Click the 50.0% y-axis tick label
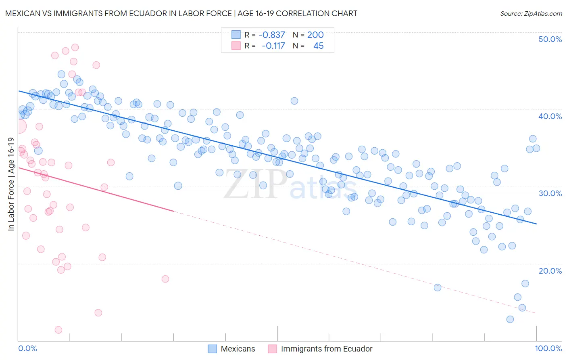[x=550, y=39]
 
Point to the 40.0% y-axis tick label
[x=550, y=116]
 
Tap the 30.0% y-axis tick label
[x=550, y=193]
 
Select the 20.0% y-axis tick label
[x=550, y=271]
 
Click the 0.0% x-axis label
[x=27, y=348]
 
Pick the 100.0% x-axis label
[x=548, y=348]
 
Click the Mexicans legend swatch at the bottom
[x=213, y=349]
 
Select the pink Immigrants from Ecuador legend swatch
[x=272, y=349]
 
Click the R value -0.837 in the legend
[x=272, y=35]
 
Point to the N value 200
[x=315, y=35]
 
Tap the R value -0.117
[x=273, y=46]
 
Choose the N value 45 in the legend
[x=318, y=46]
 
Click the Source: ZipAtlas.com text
[x=531, y=13]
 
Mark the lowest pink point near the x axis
[x=58, y=330]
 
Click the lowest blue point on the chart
[x=510, y=319]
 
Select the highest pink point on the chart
[x=75, y=47]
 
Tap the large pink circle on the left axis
[x=19, y=126]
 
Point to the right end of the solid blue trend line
[x=536, y=224]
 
